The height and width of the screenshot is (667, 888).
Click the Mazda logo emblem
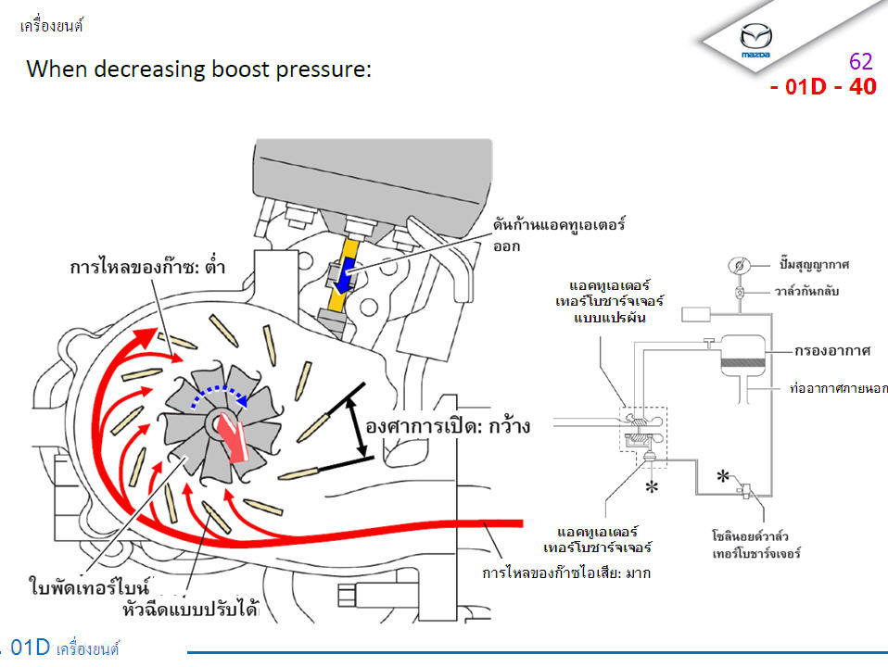(x=755, y=38)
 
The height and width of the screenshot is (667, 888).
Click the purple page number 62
(x=861, y=62)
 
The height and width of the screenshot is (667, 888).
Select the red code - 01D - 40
(x=822, y=87)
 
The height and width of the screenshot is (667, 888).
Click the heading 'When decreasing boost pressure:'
(x=198, y=69)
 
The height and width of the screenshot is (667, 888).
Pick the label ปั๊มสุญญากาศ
(x=813, y=264)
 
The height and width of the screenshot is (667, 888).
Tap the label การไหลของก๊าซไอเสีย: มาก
(x=566, y=573)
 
